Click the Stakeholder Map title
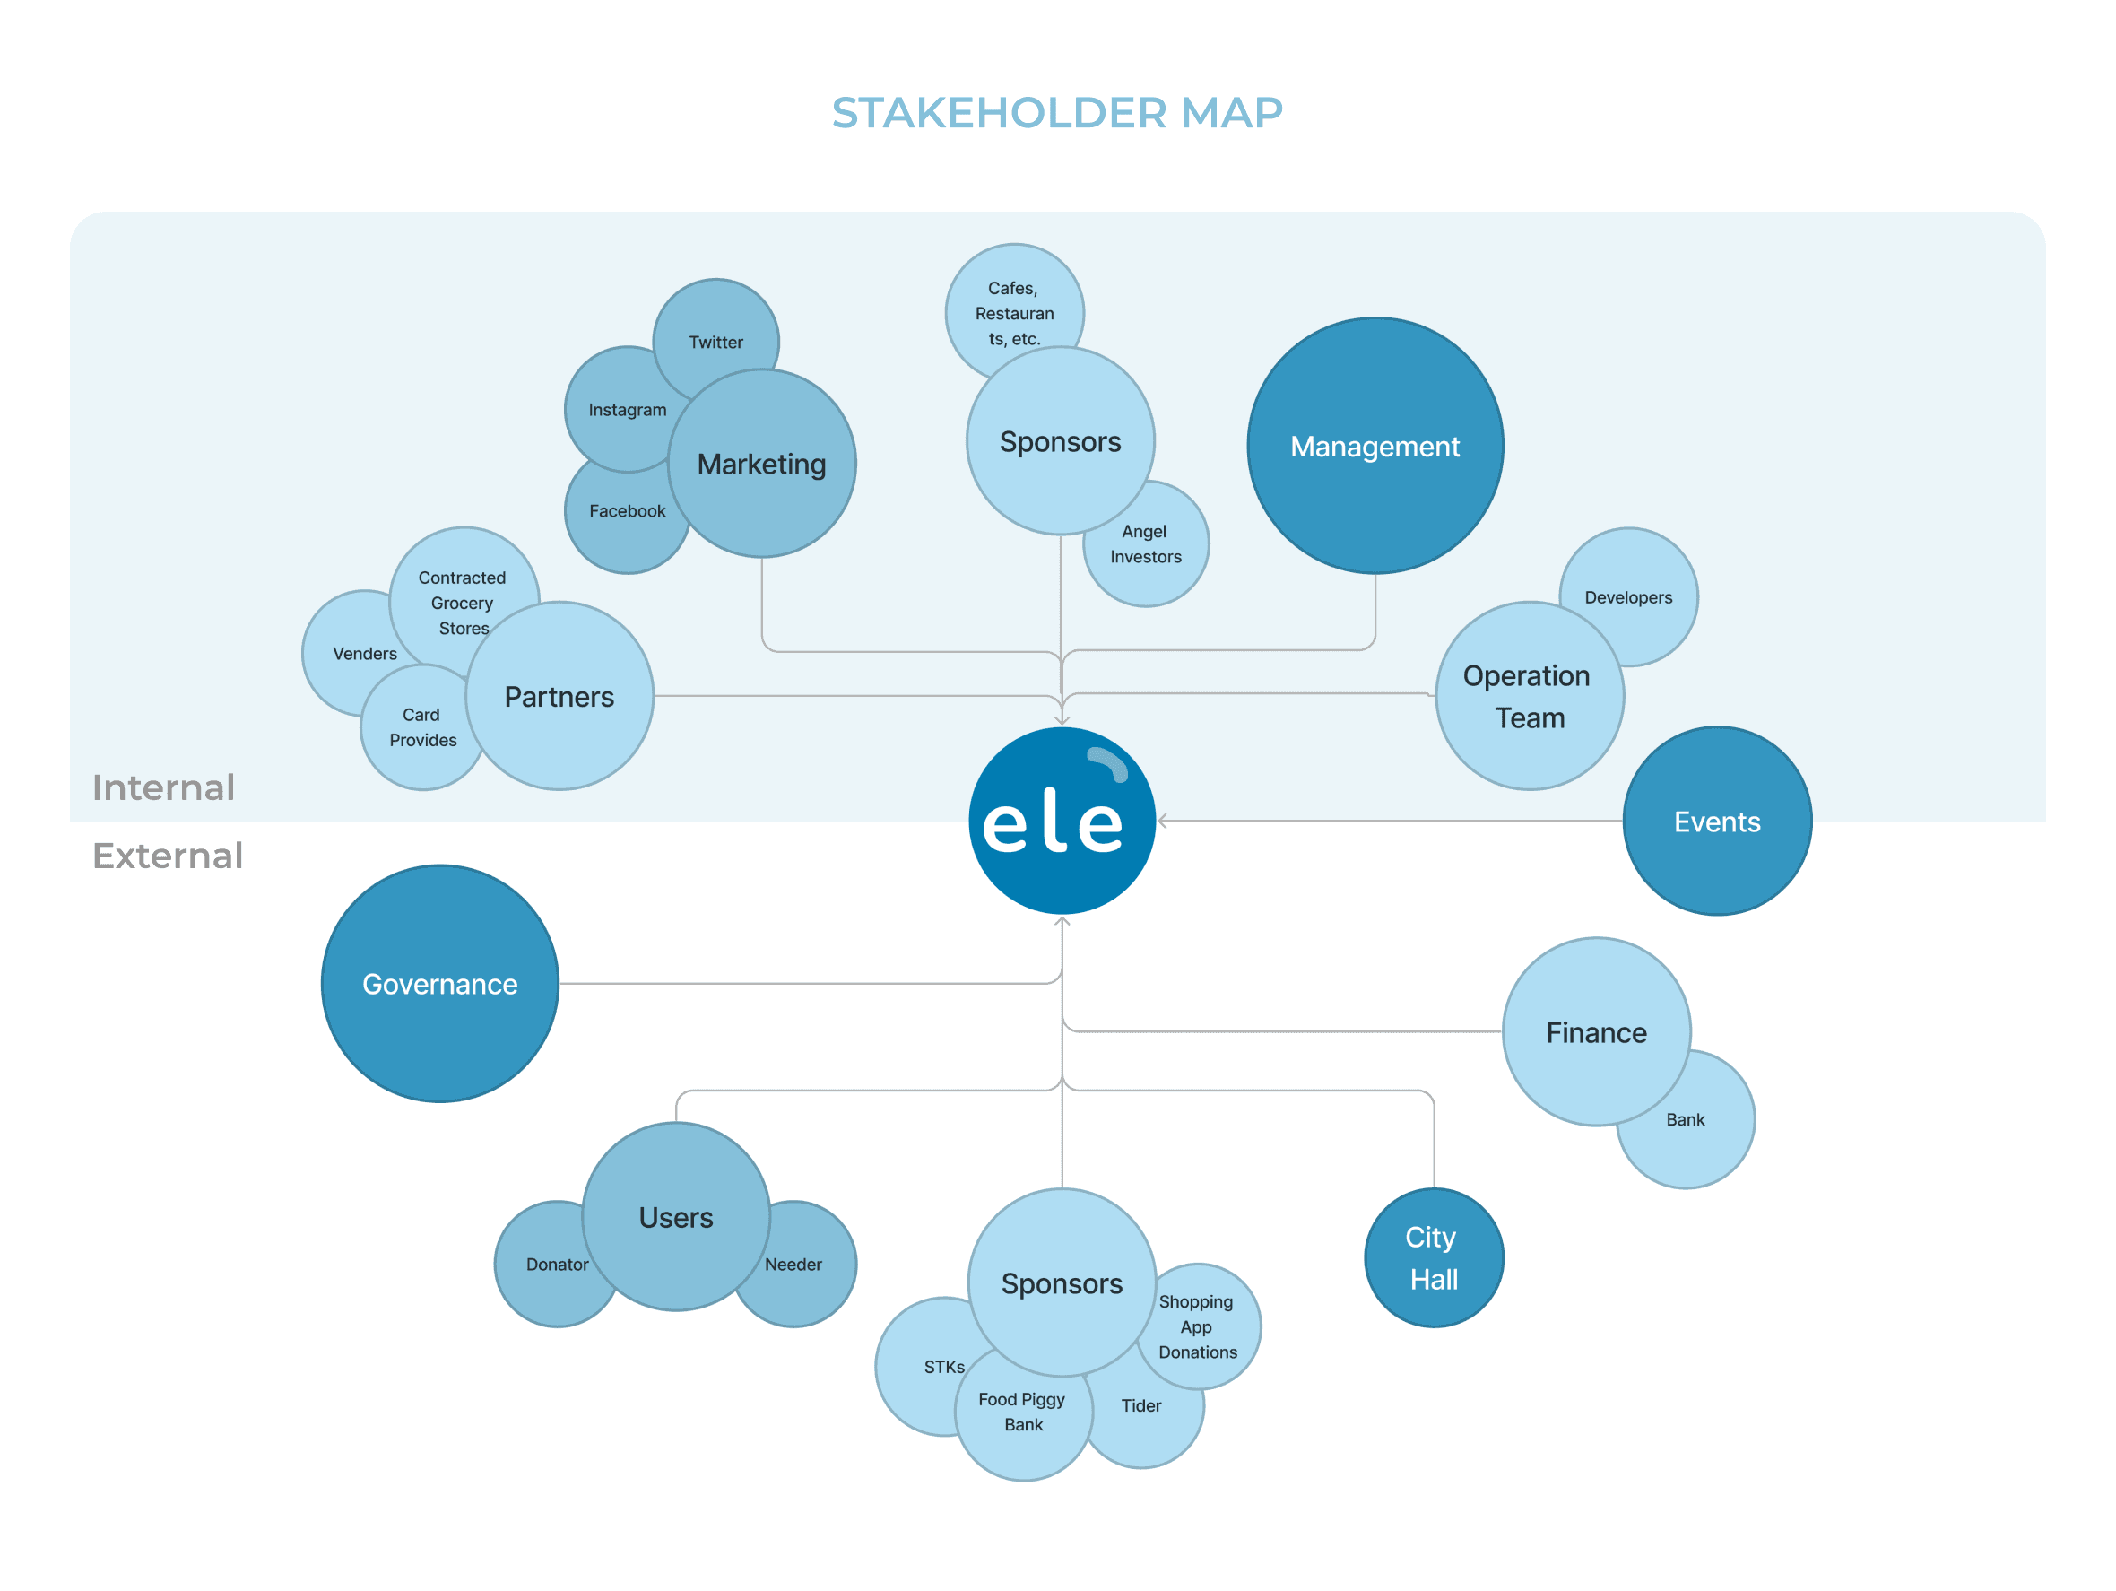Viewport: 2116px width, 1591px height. coord(1057,113)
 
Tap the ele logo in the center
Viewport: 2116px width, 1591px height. coord(1062,821)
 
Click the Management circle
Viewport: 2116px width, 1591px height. coord(1375,447)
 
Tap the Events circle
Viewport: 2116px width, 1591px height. coord(1717,822)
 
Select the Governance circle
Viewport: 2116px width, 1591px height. coord(440,985)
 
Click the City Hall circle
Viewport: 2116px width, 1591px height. coord(1433,1258)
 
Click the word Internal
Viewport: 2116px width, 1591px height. coord(163,788)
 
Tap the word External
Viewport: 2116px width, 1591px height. coord(168,856)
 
